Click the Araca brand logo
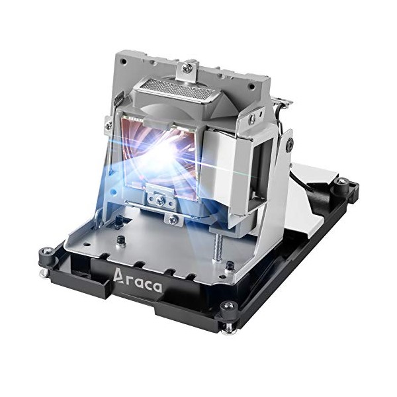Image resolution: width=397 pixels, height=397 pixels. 137,281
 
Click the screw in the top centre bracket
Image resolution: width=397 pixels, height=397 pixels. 188,67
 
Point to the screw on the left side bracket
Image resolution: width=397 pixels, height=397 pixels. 109,124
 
